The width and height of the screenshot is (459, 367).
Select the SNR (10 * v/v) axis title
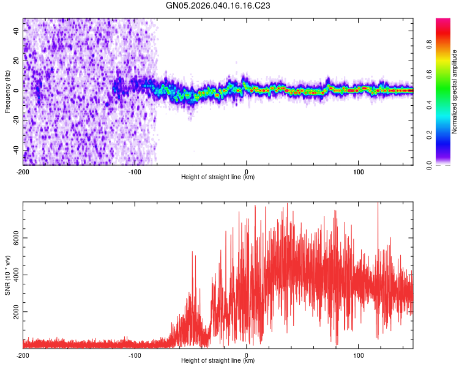click(x=7, y=276)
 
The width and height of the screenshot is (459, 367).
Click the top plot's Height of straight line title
click(x=218, y=177)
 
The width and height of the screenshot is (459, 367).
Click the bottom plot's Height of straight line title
click(x=218, y=360)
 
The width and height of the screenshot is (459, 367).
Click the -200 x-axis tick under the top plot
click(x=23, y=171)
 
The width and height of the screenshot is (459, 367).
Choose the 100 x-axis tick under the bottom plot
click(x=357, y=355)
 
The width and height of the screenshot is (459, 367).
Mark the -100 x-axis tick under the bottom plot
click(x=135, y=355)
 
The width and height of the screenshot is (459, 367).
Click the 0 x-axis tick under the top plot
click(x=246, y=171)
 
